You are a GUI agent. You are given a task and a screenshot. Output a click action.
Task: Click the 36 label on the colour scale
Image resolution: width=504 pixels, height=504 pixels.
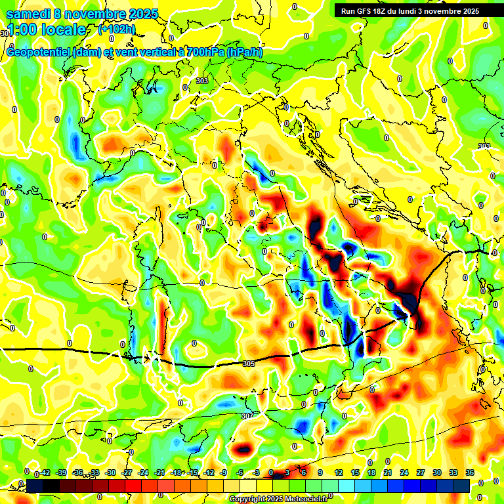coord(469,472)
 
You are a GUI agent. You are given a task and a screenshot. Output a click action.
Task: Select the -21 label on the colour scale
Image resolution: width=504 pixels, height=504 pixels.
coord(159,472)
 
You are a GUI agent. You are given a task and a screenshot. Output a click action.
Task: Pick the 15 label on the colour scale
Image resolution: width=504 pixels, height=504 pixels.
coord(355,472)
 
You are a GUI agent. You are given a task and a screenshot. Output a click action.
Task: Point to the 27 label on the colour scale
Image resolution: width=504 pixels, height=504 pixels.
coord(420,472)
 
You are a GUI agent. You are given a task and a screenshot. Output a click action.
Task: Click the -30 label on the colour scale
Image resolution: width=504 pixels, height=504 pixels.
coord(110,472)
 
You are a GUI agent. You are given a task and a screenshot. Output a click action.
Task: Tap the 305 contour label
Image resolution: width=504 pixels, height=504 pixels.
coord(248,364)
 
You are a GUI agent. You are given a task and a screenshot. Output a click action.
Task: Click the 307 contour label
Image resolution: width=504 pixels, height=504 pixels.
coord(246,416)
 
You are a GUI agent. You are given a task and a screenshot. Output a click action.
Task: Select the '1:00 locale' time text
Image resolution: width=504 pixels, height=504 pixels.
coord(46,30)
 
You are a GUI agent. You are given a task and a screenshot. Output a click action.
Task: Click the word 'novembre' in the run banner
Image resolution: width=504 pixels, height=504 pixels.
coord(446,11)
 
